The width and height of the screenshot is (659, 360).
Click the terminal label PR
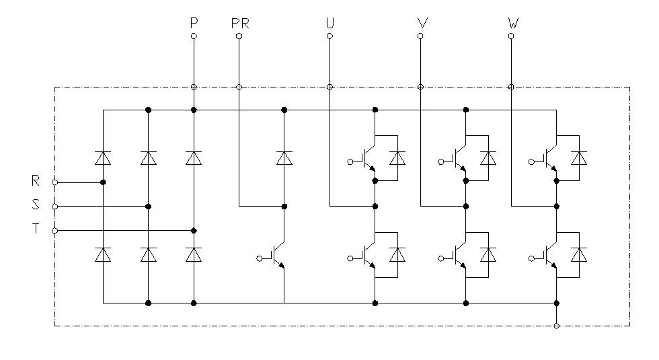pos(240,24)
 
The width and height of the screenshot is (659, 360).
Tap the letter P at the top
pos(194,23)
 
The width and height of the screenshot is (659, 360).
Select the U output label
pos(330,23)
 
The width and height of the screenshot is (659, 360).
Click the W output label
pos(513,23)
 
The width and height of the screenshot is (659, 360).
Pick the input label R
pos(36,181)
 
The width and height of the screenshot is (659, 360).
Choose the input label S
pos(36,205)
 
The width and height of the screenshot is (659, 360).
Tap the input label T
pos(36,228)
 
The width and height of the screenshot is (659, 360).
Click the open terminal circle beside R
pos(54,182)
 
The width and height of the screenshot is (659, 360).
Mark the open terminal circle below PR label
pos(239,36)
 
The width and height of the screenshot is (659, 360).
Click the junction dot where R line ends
pos(103,182)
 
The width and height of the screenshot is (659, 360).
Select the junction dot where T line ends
pos(194,230)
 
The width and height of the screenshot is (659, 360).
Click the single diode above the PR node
pos(284,158)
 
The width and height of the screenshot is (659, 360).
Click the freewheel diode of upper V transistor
pos(488,158)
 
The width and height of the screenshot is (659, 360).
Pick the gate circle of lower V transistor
pos(441,258)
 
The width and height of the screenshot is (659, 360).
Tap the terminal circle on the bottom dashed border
pos(557,326)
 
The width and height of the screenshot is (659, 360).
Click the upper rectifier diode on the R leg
pos(103,158)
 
